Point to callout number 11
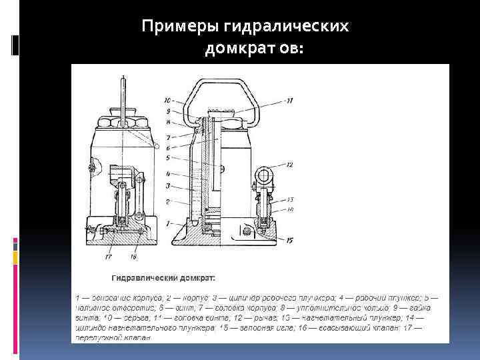pyautogui.click(x=289, y=101)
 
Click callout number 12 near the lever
pyautogui.click(x=289, y=164)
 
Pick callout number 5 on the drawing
pyautogui.click(x=169, y=158)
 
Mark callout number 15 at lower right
pyautogui.click(x=289, y=241)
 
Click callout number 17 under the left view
pyautogui.click(x=109, y=255)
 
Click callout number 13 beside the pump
pyautogui.click(x=290, y=199)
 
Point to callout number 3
pyautogui.click(x=169, y=186)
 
